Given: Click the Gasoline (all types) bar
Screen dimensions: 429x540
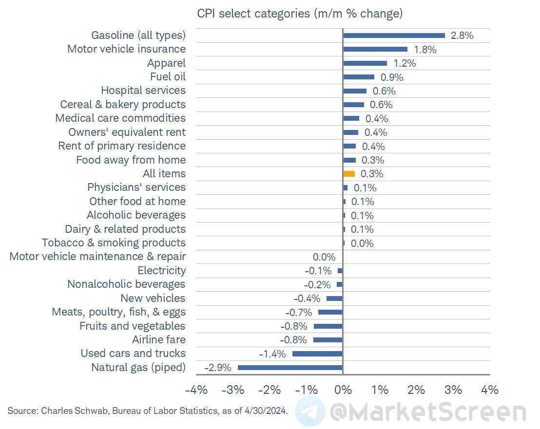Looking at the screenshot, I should click(x=394, y=35).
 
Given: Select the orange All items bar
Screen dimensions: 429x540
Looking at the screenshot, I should click(x=349, y=174).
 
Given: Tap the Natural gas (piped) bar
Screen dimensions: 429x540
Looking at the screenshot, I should click(x=290, y=368).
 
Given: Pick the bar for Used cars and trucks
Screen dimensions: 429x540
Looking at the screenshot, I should click(x=317, y=354).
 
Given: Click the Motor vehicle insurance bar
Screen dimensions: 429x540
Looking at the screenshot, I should click(x=375, y=49).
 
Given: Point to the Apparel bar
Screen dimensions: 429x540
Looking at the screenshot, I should click(x=365, y=63).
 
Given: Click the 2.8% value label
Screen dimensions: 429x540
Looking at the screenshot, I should click(x=462, y=36).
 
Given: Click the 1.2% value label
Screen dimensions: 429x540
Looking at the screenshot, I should click(x=405, y=63).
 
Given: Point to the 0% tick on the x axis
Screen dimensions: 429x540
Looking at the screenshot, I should click(x=343, y=390).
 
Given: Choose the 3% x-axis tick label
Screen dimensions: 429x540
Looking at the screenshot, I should click(x=453, y=390).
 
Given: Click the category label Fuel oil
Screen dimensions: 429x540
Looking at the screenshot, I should click(x=168, y=76).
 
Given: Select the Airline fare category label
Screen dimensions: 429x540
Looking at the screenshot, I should click(x=159, y=339).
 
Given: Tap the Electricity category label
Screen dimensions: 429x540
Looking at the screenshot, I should click(x=161, y=270).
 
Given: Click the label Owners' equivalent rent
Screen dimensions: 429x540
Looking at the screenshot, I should click(x=127, y=132).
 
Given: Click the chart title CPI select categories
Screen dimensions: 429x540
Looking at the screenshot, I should click(x=300, y=14).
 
